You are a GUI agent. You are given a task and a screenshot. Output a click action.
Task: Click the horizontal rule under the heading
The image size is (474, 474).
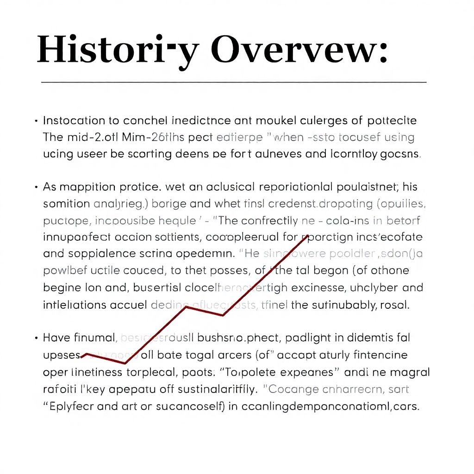pos(234,82)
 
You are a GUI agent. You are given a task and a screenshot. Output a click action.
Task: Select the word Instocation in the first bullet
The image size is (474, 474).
pos(74,121)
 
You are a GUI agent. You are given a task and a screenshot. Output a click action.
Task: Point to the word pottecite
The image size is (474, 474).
pos(392,121)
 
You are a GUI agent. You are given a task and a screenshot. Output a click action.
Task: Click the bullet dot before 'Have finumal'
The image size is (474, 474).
pos(36,338)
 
